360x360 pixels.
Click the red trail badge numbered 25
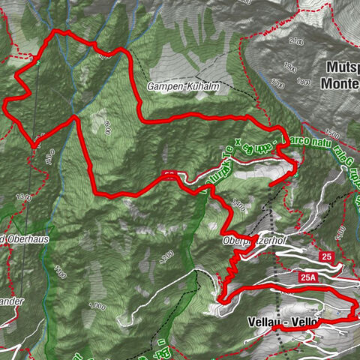(325, 257)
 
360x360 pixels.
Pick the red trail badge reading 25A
(307, 277)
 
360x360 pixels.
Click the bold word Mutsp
(342, 66)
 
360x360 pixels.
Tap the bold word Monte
(341, 84)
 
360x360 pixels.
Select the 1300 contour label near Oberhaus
(23, 196)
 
